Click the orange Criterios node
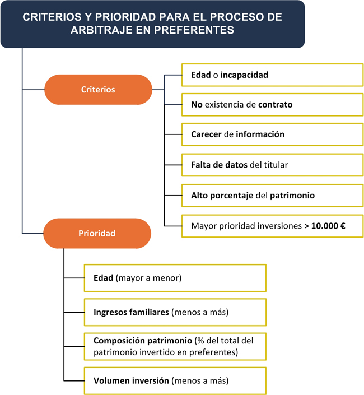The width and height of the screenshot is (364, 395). coord(98,90)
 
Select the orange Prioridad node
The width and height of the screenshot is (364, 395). coord(97,233)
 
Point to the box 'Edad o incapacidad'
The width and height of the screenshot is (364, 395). coord(272,75)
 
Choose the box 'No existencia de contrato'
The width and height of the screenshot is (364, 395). coord(272,105)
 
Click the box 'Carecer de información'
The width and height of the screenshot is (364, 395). coord(272,134)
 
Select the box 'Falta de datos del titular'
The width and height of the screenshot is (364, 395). coord(272,165)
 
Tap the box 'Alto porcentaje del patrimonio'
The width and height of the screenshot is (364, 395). coord(272,196)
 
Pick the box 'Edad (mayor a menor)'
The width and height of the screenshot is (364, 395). coord(175,278)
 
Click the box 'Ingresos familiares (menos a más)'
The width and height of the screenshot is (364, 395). coord(175,312)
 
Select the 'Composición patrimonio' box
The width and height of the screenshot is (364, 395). coord(175,346)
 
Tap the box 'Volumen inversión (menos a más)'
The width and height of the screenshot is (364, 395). coord(175,380)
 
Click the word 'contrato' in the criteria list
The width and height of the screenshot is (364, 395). coord(276,105)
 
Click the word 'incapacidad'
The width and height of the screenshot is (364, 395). coord(244,75)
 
